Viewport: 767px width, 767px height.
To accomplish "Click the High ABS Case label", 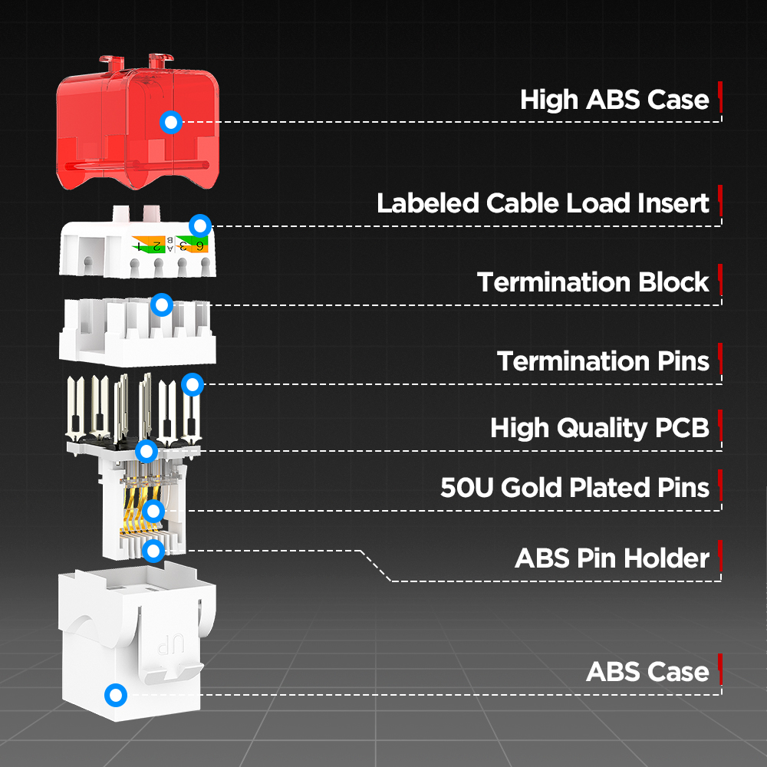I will pos(614,100).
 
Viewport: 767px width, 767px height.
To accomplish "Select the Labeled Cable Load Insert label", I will pos(543,203).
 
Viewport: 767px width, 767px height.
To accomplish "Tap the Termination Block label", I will pos(593,282).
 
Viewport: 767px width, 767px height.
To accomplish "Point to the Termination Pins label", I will pos(603,360).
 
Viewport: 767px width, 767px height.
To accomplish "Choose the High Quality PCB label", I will pos(600,428).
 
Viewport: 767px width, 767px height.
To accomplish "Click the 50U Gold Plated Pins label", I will pos(575,488).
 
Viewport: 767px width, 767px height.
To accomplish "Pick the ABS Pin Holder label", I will pos(612,558).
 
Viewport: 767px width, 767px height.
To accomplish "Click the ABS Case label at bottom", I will pos(647,672).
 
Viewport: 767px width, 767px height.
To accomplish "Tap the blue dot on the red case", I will pos(172,121).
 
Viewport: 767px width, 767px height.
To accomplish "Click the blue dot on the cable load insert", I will pos(200,225).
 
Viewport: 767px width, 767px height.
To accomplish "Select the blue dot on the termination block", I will pos(161,304).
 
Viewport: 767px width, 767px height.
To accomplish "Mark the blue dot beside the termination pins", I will pos(193,383).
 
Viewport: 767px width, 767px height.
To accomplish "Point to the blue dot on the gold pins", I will pos(153,511).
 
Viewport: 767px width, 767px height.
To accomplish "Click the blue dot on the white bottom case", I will pos(116,696).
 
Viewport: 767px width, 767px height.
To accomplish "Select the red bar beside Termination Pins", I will pos(720,359).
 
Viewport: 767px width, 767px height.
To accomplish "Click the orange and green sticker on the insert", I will pos(170,245).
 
